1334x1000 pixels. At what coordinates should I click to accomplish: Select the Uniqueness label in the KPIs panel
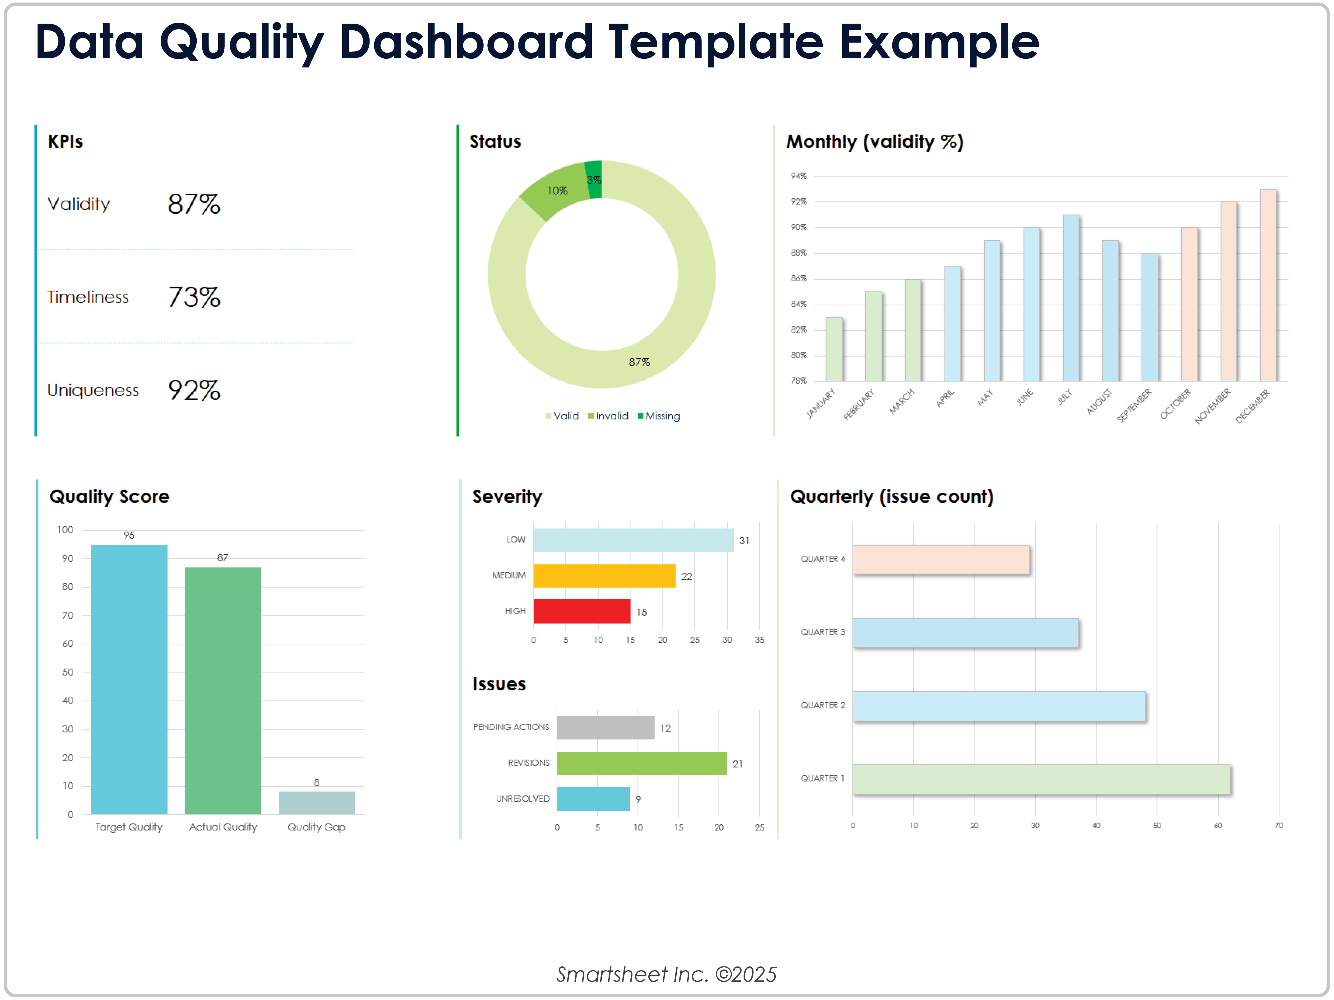[93, 390]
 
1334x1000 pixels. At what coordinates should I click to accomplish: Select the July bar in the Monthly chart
[1071, 298]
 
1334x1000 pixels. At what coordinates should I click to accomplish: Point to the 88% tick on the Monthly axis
[798, 253]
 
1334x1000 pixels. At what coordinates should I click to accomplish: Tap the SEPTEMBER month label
[1134, 405]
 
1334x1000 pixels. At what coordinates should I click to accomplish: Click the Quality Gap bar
[317, 803]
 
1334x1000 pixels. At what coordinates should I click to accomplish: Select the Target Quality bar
[129, 679]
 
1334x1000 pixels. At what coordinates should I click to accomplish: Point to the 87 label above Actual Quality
[223, 558]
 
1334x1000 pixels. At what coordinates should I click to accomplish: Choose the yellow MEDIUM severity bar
[604, 575]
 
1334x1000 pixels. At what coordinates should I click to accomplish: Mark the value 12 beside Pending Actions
[665, 728]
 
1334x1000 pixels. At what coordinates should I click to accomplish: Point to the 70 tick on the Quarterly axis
[1278, 825]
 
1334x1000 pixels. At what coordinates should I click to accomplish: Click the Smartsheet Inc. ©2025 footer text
[666, 974]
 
